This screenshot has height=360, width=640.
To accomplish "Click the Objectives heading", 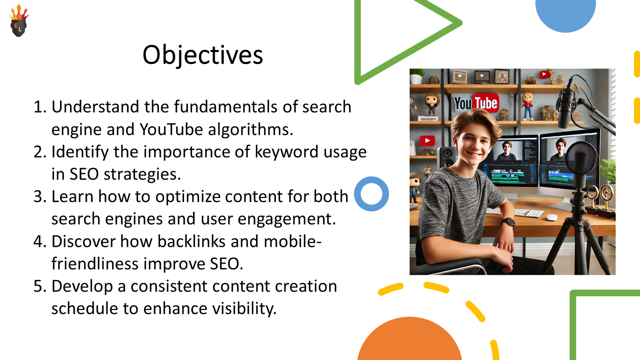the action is click(202, 55).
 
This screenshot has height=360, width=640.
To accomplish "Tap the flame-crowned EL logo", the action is click(19, 20).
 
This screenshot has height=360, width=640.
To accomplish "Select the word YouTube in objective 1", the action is click(171, 130).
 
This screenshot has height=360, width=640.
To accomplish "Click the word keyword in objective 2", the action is click(286, 152).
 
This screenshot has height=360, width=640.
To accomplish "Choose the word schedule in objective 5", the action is click(84, 308).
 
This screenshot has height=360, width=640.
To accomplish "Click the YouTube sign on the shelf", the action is click(476, 103).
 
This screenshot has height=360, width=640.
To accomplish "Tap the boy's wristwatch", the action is click(508, 222).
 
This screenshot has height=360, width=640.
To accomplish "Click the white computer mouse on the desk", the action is click(552, 218).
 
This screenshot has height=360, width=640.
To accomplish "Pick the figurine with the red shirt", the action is click(528, 105).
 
